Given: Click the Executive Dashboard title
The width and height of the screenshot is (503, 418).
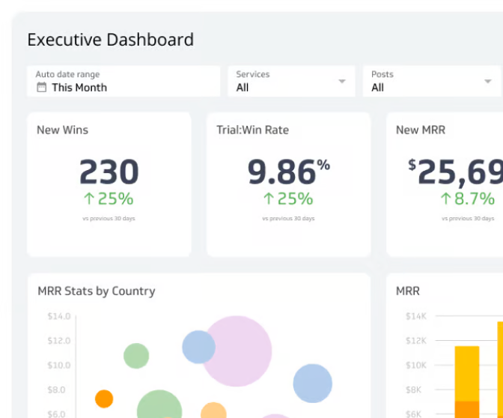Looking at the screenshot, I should pyautogui.click(x=110, y=40).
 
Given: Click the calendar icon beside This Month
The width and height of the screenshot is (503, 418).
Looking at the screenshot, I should pyautogui.click(x=42, y=88).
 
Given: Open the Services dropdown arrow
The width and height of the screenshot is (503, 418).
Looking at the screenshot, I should pyautogui.click(x=342, y=81).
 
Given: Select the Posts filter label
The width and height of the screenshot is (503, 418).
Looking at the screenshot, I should pyautogui.click(x=382, y=74).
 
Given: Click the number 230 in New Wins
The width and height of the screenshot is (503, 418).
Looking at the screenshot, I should pyautogui.click(x=109, y=172).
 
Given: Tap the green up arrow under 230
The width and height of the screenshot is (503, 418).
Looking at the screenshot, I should pyautogui.click(x=89, y=199).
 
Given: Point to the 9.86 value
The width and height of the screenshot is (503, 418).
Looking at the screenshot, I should pyautogui.click(x=281, y=172).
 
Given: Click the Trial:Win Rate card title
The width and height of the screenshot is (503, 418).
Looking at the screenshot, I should pyautogui.click(x=252, y=130).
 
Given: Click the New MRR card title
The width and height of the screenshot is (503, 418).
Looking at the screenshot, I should pyautogui.click(x=420, y=130).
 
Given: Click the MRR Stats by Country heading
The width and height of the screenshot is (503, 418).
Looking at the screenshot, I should pyautogui.click(x=96, y=291).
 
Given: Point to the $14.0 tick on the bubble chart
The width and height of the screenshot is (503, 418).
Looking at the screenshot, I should pyautogui.click(x=58, y=316).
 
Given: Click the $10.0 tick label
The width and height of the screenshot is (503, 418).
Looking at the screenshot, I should pyautogui.click(x=58, y=365).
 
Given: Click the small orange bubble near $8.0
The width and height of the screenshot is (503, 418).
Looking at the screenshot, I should pyautogui.click(x=104, y=399).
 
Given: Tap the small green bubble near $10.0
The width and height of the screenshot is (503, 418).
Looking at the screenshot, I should pyautogui.click(x=136, y=356).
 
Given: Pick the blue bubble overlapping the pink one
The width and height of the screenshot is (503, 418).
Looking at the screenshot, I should pyautogui.click(x=198, y=347).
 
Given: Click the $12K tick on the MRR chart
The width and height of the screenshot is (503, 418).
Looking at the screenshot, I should pyautogui.click(x=415, y=341).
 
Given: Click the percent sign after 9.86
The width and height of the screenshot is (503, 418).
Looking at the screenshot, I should pyautogui.click(x=323, y=163).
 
